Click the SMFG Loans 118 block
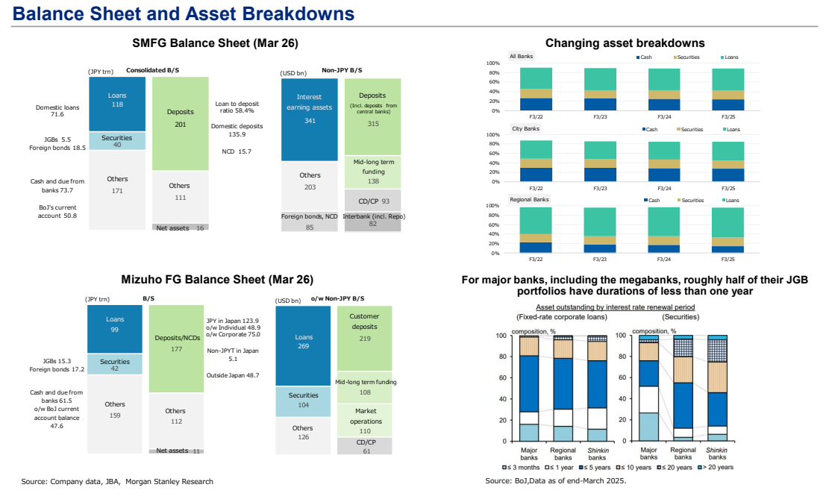117,104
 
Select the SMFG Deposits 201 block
181,124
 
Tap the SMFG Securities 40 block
117,141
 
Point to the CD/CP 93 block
373,201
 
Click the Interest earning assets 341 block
309,119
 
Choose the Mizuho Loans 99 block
115,329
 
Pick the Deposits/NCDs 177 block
176,348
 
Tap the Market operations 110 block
365,421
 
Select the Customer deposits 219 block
365,339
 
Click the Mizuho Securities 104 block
303,401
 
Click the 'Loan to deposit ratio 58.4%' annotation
237,107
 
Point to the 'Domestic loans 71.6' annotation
57,110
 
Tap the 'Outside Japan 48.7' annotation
233,375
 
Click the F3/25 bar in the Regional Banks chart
728,230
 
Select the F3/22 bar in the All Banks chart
536,90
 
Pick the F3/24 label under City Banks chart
664,188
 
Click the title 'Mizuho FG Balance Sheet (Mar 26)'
217,280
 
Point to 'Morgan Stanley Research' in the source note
169,481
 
